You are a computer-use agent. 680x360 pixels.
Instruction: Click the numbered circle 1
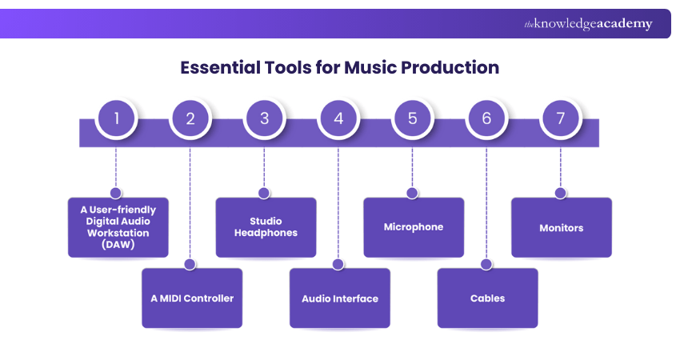tap(117, 119)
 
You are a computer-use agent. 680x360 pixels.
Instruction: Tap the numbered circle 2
tap(190, 119)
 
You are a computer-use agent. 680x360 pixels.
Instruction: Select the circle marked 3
tap(264, 119)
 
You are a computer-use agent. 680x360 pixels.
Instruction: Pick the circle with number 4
tap(338, 119)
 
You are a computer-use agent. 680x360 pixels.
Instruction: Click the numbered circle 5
tap(412, 119)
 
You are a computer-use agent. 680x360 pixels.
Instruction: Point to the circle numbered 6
tap(486, 119)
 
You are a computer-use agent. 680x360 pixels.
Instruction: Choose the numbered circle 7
tap(560, 119)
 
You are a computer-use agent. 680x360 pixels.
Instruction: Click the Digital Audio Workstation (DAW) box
tap(118, 227)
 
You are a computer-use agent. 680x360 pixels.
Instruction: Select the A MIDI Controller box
tap(192, 298)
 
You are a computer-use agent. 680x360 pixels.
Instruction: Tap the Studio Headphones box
tap(266, 227)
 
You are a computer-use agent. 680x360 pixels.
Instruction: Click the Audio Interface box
tap(340, 298)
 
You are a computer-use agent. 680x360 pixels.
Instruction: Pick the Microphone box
tap(414, 227)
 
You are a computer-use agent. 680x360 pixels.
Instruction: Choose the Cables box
tap(487, 298)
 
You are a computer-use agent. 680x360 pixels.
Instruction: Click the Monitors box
tap(562, 227)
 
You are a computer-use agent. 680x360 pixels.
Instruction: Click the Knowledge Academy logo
tap(588, 24)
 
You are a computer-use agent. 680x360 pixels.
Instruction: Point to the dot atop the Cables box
tap(486, 264)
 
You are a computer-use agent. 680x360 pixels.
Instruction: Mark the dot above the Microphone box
tap(412, 193)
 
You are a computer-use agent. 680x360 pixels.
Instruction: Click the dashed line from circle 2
tap(190, 200)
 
